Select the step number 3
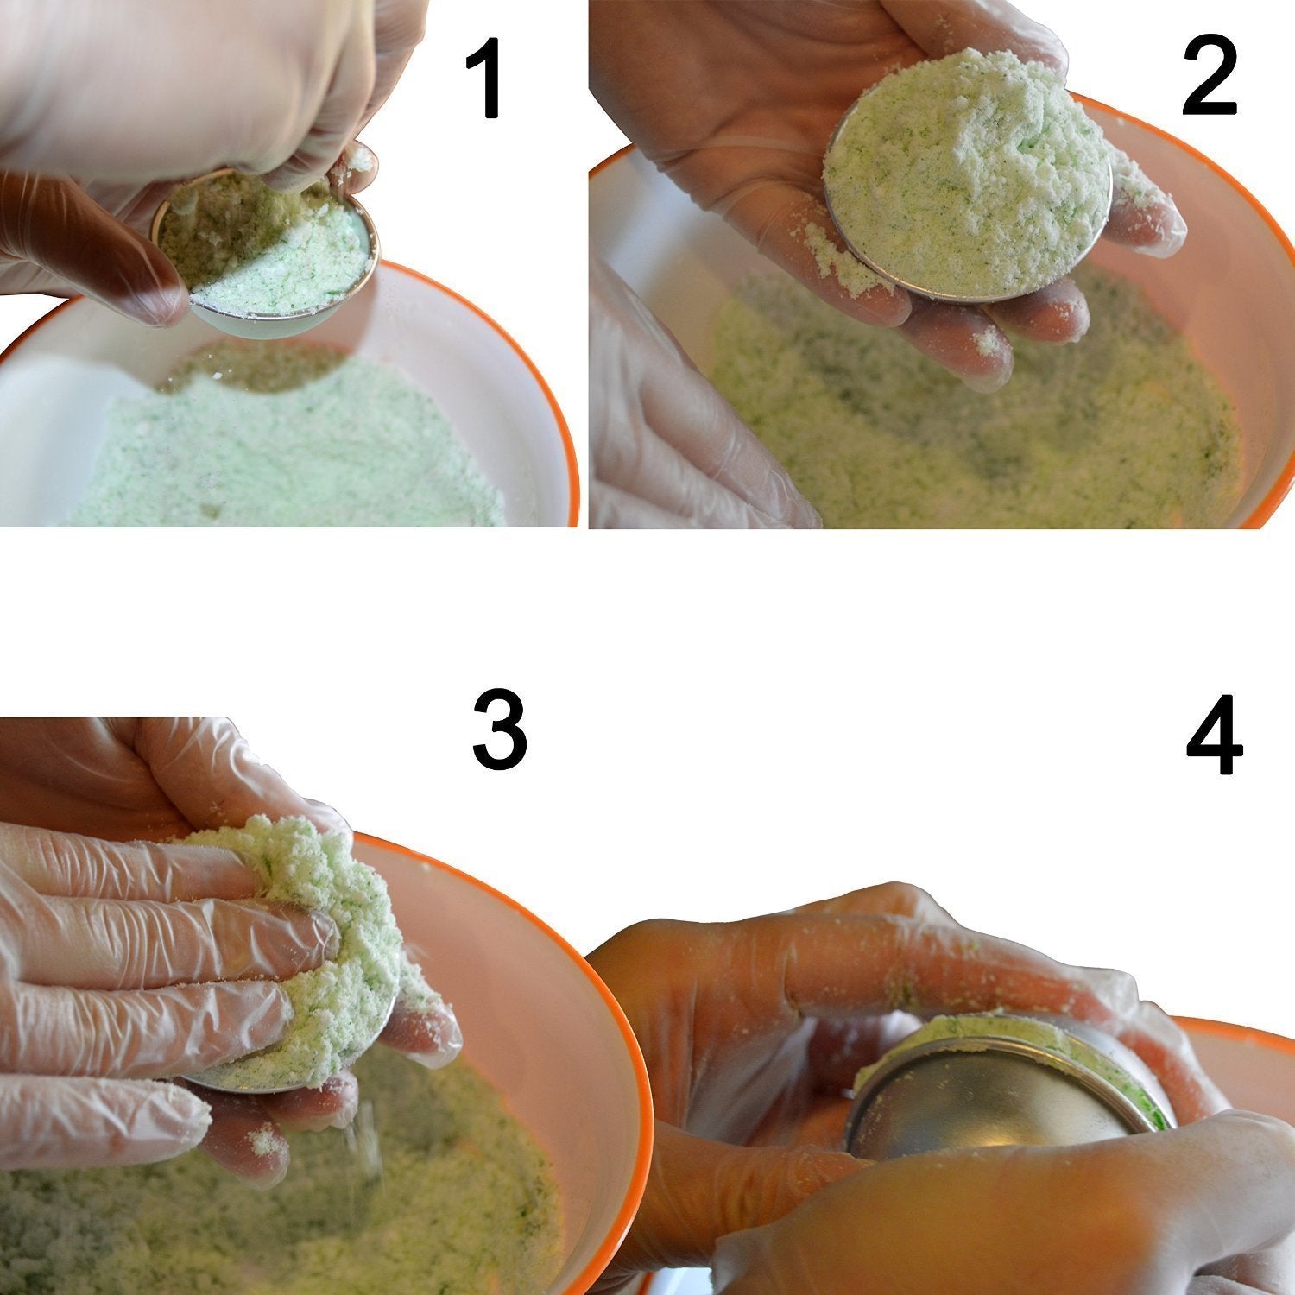499,731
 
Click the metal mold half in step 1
268,250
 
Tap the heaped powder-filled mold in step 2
967,173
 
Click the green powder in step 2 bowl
976,414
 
